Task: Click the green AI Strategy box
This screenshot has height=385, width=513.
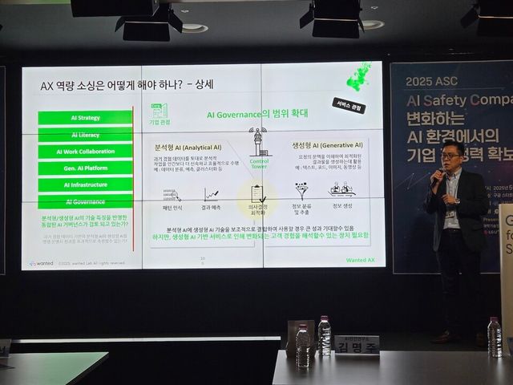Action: pos(84,118)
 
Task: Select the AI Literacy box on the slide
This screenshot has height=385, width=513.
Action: pos(84,135)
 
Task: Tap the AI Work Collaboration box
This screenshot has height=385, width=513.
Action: pos(84,152)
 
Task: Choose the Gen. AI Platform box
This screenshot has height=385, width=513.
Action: pos(84,168)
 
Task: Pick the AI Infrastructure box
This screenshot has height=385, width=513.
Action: pos(84,185)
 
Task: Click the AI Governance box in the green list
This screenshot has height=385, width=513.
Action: pos(84,202)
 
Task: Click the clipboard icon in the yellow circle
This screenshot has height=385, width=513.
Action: pos(257,193)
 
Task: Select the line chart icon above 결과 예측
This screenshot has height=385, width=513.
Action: pos(212,193)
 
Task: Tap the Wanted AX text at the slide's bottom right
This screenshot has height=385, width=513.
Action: pos(359,258)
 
